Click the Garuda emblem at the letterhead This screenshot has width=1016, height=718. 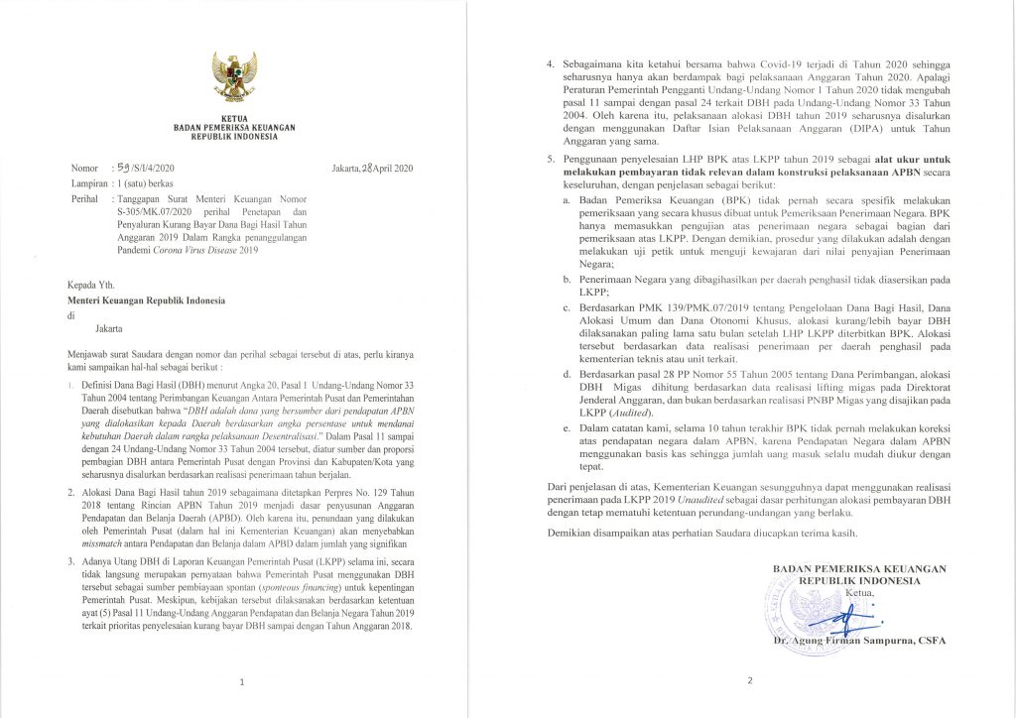coord(234,78)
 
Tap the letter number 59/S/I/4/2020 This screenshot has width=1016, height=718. coord(148,168)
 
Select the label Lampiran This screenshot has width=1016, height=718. coord(90,183)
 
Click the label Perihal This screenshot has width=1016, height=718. coord(87,199)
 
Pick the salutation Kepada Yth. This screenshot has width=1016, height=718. coord(92,285)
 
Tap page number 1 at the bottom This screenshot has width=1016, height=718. coord(243,682)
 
